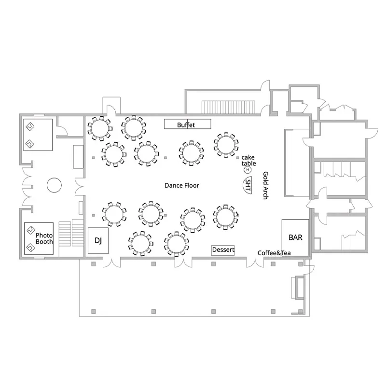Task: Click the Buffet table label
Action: click(187, 124)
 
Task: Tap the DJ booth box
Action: click(98, 240)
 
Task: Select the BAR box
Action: click(295, 237)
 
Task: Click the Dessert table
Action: click(223, 250)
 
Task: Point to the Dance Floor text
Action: click(182, 185)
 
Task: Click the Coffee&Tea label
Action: click(274, 253)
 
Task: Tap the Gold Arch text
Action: click(265, 185)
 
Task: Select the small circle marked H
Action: click(248, 170)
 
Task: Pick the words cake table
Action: click(248, 160)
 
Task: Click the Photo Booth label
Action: click(44, 238)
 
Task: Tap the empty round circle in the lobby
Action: click(54, 185)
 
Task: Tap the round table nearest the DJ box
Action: click(114, 214)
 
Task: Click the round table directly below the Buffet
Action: click(192, 152)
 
